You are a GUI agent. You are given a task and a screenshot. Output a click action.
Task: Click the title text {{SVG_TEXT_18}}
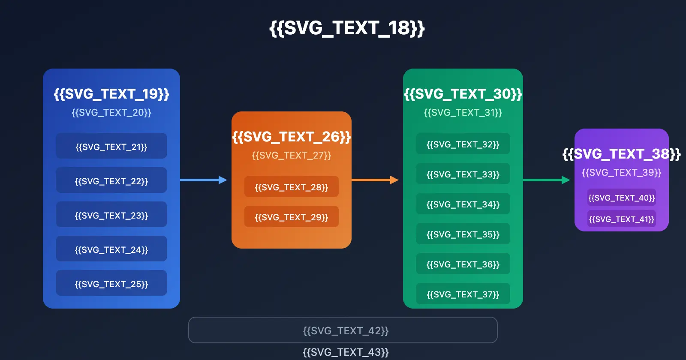click(x=347, y=28)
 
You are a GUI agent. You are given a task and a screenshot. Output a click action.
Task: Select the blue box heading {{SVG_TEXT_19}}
click(x=111, y=94)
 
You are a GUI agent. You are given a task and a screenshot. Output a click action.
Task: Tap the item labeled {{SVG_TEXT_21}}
click(x=111, y=147)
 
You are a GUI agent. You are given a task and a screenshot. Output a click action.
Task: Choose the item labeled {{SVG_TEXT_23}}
click(x=111, y=215)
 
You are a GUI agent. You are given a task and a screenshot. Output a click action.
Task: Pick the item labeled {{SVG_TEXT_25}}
click(x=111, y=284)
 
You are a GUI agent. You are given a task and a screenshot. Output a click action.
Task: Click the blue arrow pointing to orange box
click(x=202, y=180)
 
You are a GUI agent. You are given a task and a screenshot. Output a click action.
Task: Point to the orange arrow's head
click(x=394, y=180)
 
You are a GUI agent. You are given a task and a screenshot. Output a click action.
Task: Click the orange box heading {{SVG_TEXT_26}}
click(x=292, y=137)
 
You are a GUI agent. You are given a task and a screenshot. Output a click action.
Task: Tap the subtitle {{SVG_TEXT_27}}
click(x=292, y=155)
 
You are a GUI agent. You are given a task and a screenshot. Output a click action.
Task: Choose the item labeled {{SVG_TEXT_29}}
click(x=292, y=217)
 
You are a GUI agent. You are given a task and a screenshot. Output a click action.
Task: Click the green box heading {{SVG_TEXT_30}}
click(x=463, y=94)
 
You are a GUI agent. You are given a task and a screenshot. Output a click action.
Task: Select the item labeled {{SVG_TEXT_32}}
click(x=463, y=144)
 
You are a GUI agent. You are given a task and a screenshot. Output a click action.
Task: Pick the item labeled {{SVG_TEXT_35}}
click(x=463, y=234)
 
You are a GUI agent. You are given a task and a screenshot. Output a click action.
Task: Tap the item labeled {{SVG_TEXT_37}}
click(x=463, y=294)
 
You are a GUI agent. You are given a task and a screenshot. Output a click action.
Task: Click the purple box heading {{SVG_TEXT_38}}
click(x=622, y=154)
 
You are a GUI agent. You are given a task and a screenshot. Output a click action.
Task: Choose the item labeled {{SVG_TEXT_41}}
click(x=622, y=219)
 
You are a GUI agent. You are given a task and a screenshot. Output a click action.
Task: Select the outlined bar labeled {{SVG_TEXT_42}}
click(x=343, y=330)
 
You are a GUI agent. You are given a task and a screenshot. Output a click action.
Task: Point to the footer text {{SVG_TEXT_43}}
click(x=346, y=352)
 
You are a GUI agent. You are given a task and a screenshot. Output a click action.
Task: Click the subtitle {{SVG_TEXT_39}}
click(x=622, y=172)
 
